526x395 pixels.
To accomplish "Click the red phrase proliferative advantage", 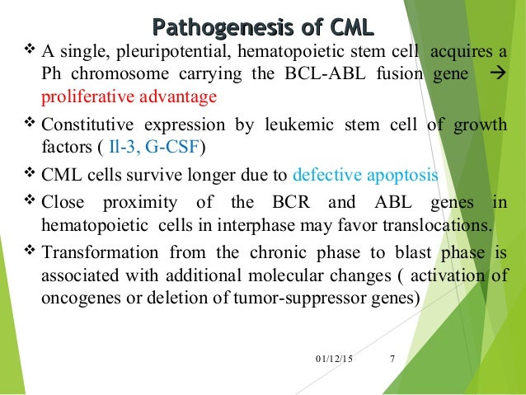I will (x=129, y=97).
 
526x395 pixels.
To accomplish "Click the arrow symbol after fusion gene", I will (x=496, y=74).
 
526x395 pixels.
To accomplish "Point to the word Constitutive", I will (x=87, y=126).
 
